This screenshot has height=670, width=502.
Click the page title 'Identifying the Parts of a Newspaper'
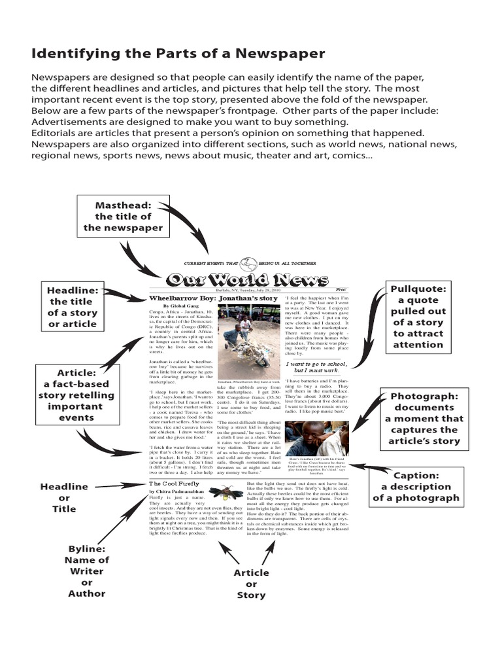coord(178,53)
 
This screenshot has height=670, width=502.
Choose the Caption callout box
coord(416,487)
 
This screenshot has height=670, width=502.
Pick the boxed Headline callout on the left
coord(72,307)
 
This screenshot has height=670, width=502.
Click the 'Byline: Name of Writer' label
coord(86,571)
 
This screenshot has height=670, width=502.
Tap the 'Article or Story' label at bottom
coord(251,584)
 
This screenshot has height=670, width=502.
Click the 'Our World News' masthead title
coord(247,280)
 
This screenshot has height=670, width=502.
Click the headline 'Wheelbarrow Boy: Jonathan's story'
coord(212,298)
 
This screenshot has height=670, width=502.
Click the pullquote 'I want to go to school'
coord(316,368)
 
